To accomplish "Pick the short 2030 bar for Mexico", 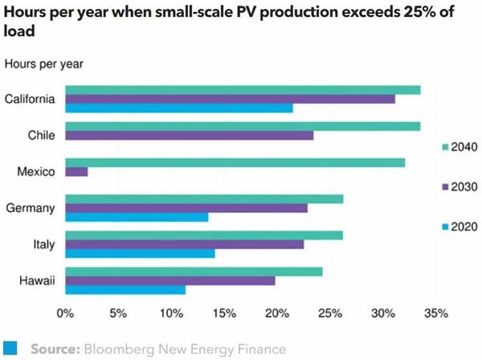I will pyautogui.click(x=76, y=171).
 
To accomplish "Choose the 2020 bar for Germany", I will pyautogui.click(x=137, y=216).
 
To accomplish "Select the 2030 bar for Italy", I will pyautogui.click(x=184, y=244).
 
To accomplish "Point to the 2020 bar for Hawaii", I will pyautogui.click(x=125, y=289).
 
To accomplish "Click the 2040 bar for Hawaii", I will pyautogui.click(x=194, y=271).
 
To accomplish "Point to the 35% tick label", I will pyautogui.click(x=435, y=312).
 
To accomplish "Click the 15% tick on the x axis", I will pyautogui.click(x=224, y=312).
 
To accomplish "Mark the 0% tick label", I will pyautogui.click(x=65, y=312).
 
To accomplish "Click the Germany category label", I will pyautogui.click(x=30, y=207).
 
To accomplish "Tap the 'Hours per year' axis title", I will pyautogui.click(x=44, y=63).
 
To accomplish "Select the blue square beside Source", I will pyautogui.click(x=10, y=349).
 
